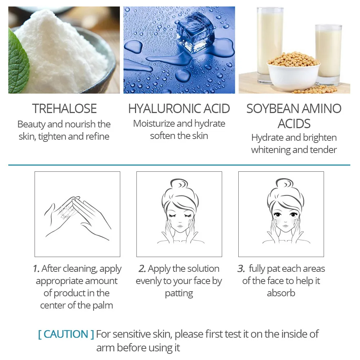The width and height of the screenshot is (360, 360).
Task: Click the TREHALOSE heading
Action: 64,109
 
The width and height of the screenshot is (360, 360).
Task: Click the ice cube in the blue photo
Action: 195,32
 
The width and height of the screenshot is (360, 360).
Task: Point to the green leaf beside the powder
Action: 18,62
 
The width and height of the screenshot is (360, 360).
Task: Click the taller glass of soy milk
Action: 270,44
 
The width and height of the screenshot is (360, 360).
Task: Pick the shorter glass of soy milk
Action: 328,54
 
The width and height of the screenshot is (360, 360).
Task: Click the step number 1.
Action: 36,269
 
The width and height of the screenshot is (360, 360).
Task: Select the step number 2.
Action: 142,269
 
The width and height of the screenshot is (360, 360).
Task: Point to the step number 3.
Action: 241,269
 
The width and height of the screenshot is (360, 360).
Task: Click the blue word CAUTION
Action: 66,334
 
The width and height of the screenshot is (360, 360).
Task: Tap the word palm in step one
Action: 103,306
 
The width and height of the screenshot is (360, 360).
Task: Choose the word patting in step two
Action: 179,293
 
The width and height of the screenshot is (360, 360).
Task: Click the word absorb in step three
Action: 281,293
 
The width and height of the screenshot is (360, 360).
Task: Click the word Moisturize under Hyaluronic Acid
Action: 154,123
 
